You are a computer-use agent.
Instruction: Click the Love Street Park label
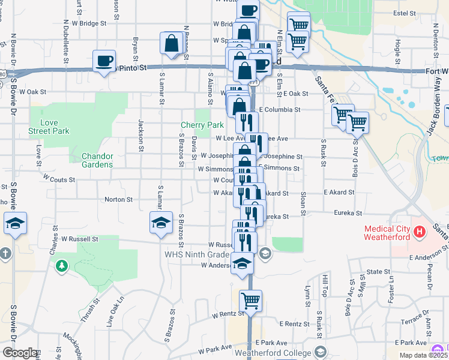tap(49, 127)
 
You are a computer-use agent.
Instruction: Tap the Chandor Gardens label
tap(97, 160)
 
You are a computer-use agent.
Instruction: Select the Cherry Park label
tap(202, 125)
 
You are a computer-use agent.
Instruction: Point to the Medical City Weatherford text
tap(387, 232)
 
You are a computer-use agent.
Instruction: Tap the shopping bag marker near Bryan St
tap(172, 43)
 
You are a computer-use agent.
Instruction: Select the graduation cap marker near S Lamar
tap(161, 223)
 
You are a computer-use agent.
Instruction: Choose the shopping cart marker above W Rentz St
tap(250, 300)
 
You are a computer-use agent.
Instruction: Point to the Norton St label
tap(118, 199)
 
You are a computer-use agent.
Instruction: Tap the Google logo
tap(19, 353)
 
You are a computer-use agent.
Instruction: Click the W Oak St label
tap(33, 92)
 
